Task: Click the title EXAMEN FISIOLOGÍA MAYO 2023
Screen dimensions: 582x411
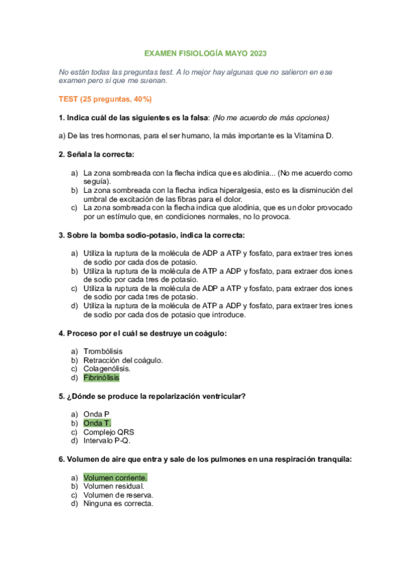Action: (205, 53)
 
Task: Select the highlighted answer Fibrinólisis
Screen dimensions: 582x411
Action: (101, 377)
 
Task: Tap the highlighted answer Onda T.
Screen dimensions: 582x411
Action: (97, 423)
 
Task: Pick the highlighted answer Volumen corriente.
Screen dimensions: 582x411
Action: (115, 477)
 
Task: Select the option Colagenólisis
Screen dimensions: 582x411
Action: (106, 369)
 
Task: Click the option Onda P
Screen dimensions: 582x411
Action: (96, 414)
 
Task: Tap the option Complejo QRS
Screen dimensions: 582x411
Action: (108, 432)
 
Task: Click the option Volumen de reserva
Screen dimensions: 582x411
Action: (118, 495)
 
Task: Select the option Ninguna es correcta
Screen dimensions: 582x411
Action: (118, 504)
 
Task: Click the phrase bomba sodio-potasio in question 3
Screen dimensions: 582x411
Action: (136, 235)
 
